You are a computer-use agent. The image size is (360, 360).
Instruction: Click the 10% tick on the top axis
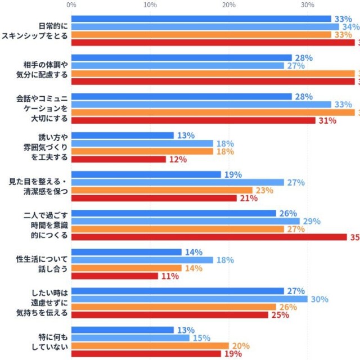click(150, 5)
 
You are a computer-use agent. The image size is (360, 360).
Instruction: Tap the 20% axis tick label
click(229, 5)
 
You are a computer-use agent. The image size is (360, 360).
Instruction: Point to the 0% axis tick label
click(71, 5)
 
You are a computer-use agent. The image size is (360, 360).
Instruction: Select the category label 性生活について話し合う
click(42, 264)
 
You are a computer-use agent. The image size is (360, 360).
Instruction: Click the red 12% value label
click(177, 160)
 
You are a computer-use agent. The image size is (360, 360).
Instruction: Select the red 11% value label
click(169, 276)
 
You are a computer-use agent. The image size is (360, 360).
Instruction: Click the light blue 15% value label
click(201, 338)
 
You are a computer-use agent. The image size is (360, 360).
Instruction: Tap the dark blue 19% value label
click(232, 174)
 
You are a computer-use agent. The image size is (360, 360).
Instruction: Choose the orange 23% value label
click(264, 190)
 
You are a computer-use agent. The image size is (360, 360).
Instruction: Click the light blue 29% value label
click(311, 221)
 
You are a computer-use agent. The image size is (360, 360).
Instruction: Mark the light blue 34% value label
click(350, 27)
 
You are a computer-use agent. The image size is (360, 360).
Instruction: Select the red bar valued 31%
click(193, 120)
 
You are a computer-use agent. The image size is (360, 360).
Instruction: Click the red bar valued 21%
click(154, 198)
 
